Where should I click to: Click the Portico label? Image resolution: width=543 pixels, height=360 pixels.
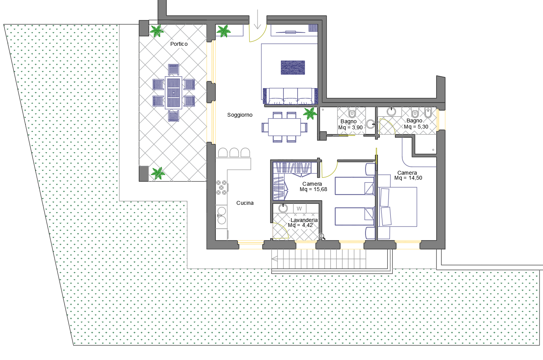coord(179,44)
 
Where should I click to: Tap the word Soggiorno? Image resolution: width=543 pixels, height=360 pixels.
coord(240,115)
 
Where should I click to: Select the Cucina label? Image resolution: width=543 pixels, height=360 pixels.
coord(245,203)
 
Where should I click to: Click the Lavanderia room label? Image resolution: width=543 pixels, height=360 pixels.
coord(304,220)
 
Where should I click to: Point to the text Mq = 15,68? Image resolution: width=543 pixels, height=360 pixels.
coord(313,189)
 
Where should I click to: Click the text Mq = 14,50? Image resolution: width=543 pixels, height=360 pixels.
coord(408,178)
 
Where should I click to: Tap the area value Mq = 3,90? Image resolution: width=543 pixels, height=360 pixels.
coord(351,127)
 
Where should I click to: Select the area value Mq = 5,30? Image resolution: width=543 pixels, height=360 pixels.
coord(416,127)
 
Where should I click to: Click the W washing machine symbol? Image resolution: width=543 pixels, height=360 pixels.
coord(300,208)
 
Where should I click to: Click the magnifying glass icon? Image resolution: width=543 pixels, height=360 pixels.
coord(322,236)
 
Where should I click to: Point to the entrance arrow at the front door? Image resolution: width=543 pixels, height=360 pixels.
coord(258,19)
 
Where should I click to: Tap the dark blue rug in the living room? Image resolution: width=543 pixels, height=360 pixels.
coord(293,67)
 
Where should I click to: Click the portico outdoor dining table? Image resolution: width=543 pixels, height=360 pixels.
coord(174,93)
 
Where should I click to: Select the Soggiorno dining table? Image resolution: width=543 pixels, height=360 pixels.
coord(284,127)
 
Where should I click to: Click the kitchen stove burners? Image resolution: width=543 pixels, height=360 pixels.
coord(221,188)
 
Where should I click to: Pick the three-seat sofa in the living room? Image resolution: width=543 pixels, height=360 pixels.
coord(290,96)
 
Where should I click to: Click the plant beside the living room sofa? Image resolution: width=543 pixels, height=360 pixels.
coord(310,113)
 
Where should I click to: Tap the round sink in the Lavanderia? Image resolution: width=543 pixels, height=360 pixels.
coord(283,208)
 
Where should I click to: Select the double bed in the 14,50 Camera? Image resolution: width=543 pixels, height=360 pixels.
coord(397,207)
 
